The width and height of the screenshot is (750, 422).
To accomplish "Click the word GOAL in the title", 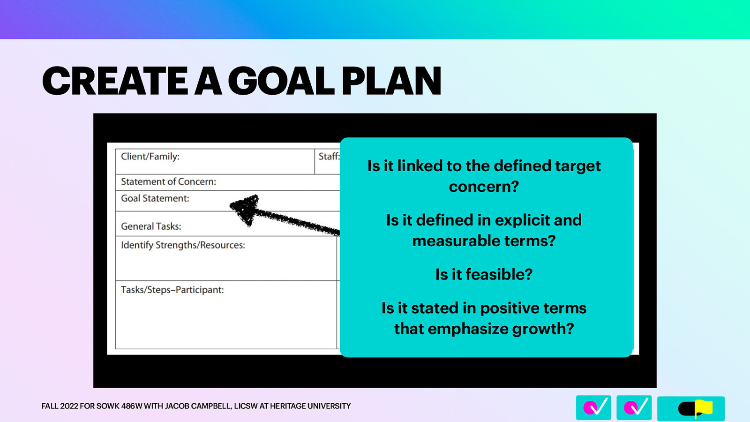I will [281, 81].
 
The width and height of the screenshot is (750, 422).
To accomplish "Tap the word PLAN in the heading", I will [391, 81].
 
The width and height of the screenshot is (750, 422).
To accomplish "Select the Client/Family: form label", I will [150, 156].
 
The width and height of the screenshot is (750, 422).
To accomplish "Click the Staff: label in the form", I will [329, 156].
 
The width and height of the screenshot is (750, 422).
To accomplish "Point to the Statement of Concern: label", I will [168, 181].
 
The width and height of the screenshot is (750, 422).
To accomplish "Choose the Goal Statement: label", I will [155, 198].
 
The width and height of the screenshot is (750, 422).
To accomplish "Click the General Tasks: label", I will [151, 226].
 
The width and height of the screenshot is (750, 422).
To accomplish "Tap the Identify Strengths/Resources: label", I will [183, 245].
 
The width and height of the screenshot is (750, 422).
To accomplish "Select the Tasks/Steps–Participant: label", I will [172, 290].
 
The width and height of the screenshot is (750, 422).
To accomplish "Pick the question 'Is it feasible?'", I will [484, 274].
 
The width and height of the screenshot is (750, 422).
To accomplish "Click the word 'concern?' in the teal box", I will [484, 187].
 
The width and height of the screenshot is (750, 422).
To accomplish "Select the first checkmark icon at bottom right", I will [593, 407].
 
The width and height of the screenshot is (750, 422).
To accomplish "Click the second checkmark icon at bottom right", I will [634, 407].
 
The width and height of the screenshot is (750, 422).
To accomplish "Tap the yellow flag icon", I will [703, 408].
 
